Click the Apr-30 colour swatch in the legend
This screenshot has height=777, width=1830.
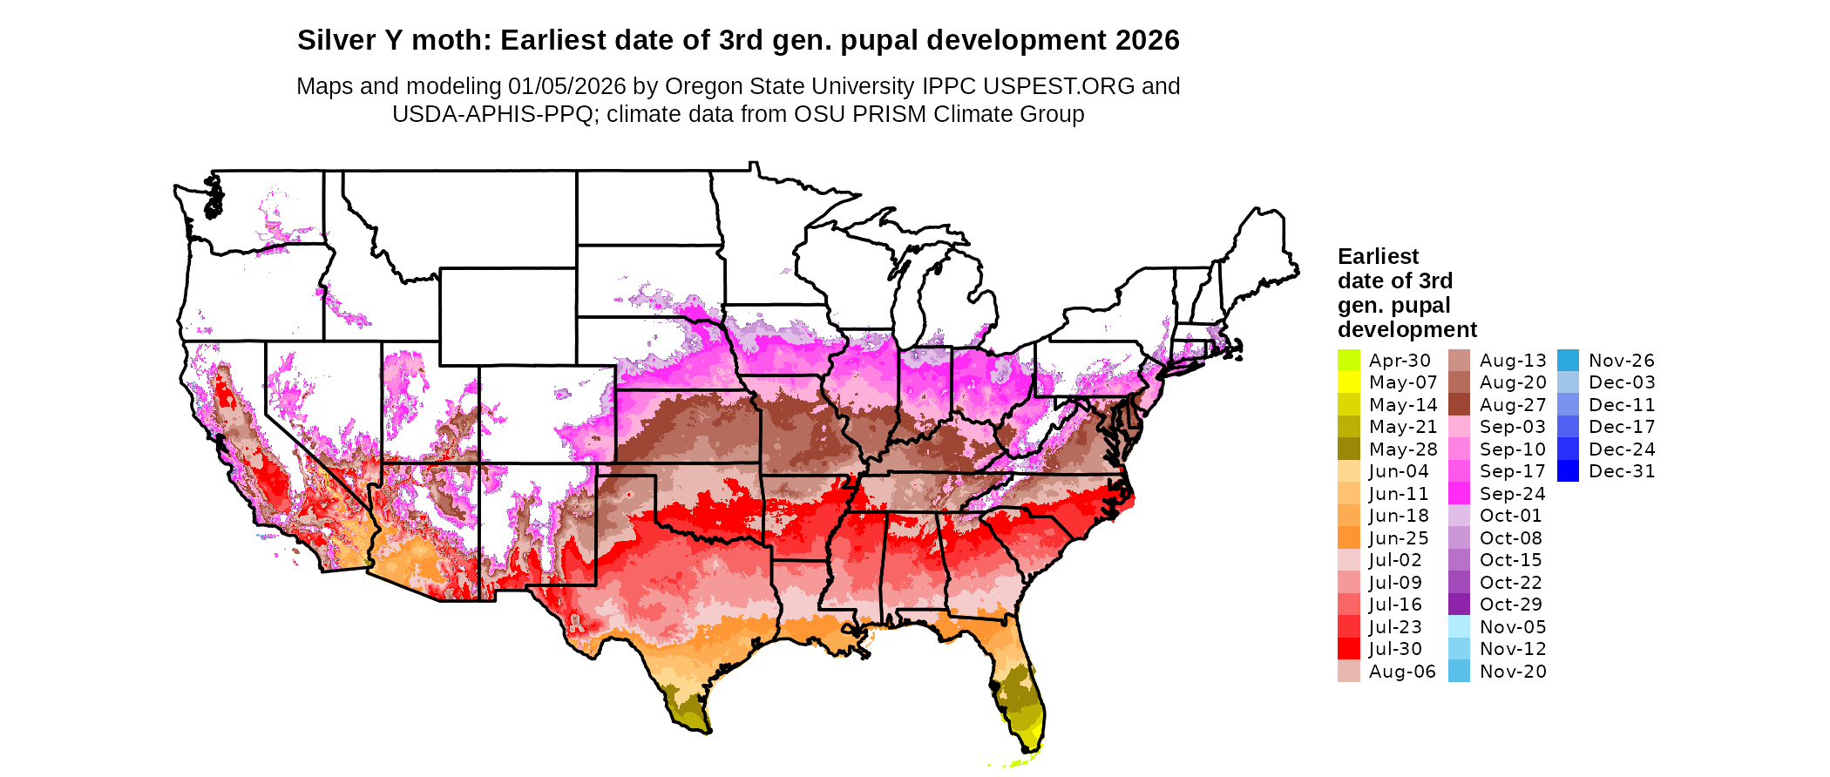click(x=1348, y=360)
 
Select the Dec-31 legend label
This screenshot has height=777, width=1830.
click(x=1621, y=471)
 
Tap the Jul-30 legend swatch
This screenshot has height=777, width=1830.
click(x=1348, y=649)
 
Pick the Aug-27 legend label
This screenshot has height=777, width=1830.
click(x=1513, y=405)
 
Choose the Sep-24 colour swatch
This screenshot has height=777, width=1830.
click(x=1459, y=494)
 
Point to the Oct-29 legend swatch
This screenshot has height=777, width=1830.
click(x=1459, y=605)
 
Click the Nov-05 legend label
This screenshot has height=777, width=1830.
click(x=1513, y=627)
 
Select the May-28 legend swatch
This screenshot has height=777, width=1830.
click(x=1348, y=449)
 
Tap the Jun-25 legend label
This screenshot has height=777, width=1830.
click(x=1399, y=538)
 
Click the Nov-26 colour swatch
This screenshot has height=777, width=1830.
click(x=1568, y=360)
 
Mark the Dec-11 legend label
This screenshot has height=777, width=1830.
click(x=1621, y=405)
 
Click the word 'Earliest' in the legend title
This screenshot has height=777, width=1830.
click(x=1378, y=256)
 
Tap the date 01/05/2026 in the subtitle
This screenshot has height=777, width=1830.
click(x=566, y=86)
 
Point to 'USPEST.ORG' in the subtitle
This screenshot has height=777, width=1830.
click(x=1059, y=86)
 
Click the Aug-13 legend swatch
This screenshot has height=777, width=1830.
click(x=1459, y=360)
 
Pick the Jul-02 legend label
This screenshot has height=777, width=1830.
click(x=1395, y=560)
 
